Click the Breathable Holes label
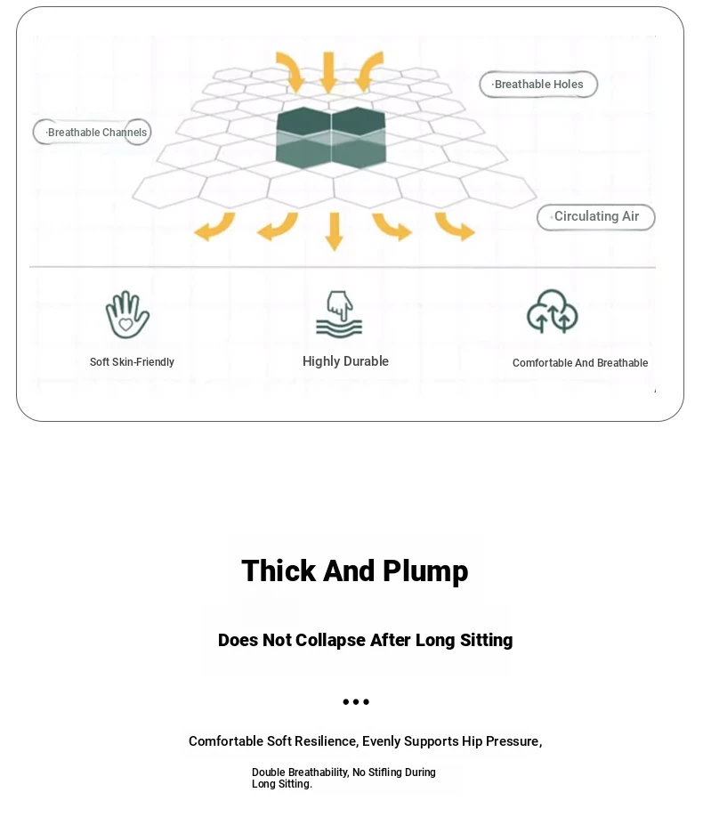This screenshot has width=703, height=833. pos(538,85)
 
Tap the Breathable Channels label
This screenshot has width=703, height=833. pos(92,133)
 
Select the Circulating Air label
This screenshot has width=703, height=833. pos(595,217)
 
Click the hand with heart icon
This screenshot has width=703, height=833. pos(127,314)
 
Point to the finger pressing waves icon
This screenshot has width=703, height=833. pos(339,314)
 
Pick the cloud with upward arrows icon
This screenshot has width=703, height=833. pos(552,311)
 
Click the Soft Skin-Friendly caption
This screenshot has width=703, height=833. pos(132,362)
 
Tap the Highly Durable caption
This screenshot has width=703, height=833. pos(345,361)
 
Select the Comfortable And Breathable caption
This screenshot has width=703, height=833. pos(580,363)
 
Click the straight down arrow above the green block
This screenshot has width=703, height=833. pos(328,72)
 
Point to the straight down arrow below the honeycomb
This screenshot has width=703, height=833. pos(334,231)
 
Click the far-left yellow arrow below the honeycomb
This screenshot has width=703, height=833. pos(214,227)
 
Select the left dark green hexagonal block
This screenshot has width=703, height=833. pos(303,138)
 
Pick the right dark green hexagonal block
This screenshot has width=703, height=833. pos(359,138)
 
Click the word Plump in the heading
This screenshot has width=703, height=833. pos(425,572)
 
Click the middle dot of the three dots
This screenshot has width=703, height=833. pos(356,702)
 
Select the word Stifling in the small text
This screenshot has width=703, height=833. pos(385,772)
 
